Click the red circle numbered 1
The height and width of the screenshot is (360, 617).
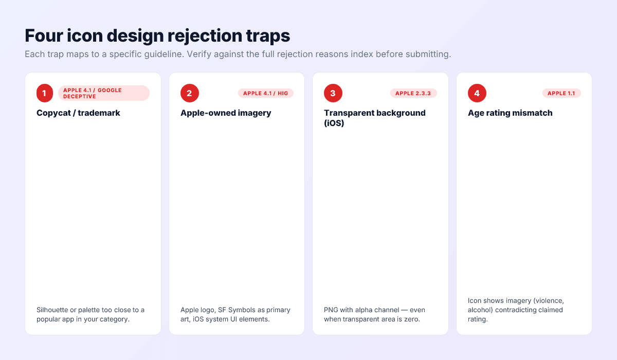(45, 93)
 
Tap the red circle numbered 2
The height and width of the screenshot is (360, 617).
(189, 93)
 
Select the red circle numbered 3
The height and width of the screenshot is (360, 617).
(333, 93)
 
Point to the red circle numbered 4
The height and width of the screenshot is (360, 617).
(477, 93)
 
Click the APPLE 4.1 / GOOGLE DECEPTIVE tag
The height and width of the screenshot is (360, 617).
(103, 93)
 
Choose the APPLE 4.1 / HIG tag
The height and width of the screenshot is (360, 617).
(265, 93)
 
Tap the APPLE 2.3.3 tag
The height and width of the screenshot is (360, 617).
(413, 93)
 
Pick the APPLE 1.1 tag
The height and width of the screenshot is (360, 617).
(561, 93)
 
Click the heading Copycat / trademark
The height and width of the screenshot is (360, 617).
(78, 113)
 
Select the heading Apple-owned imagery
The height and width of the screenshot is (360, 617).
(225, 113)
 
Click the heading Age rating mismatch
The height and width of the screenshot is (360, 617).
(510, 113)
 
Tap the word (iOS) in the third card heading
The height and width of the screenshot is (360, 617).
(334, 123)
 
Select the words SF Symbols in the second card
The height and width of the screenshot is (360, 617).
(233, 310)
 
